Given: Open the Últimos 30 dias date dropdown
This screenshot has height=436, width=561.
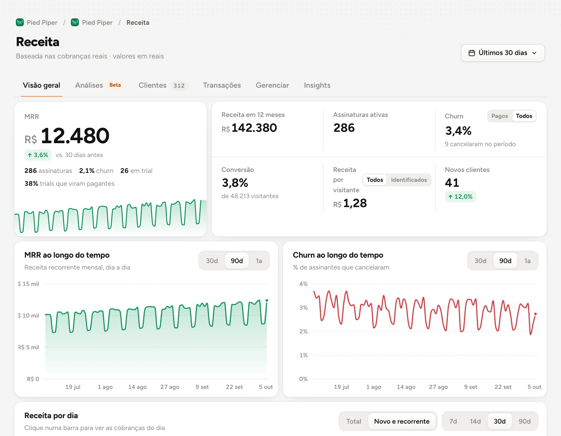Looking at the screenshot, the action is [x=503, y=53].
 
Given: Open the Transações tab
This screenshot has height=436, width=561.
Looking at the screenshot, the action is [x=222, y=85].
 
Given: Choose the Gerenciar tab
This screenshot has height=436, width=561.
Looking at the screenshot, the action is [x=272, y=85].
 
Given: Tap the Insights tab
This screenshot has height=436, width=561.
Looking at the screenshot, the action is [x=317, y=85].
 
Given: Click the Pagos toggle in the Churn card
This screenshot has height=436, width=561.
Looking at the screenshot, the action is [x=499, y=116].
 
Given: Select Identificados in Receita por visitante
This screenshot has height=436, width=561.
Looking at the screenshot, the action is [x=409, y=180].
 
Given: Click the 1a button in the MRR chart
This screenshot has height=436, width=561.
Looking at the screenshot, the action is [x=259, y=261].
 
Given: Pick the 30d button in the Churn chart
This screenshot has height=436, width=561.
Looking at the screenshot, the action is [x=480, y=261].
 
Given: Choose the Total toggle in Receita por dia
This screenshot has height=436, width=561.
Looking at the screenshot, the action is [x=353, y=421].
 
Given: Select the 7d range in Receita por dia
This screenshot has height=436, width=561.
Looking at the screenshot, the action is [x=453, y=421].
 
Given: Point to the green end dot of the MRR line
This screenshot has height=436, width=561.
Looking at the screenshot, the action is [x=267, y=300].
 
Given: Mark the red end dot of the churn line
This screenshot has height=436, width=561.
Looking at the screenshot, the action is [x=535, y=314].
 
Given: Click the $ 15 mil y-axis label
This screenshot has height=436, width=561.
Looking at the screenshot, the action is [x=28, y=284].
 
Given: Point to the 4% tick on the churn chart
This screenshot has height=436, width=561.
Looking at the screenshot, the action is [x=303, y=284].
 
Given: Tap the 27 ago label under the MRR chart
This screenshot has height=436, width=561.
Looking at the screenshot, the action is [x=169, y=387].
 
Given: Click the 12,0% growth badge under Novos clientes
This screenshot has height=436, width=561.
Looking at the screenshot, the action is [x=460, y=197].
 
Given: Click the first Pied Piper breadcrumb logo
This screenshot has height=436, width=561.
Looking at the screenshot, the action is [x=20, y=22].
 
